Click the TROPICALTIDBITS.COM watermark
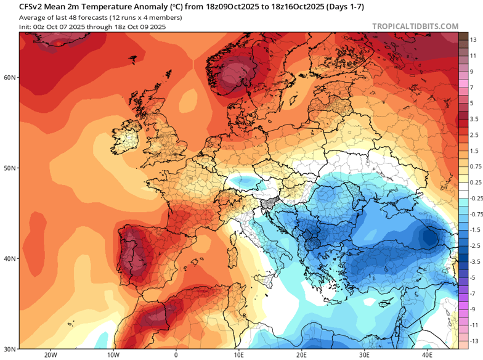(415, 27)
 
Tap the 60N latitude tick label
(9, 78)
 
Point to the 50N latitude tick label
(9, 168)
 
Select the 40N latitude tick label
(9, 259)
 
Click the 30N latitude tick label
(9, 348)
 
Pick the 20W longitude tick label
(51, 355)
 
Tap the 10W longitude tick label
(113, 355)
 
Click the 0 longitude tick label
(176, 355)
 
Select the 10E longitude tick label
(239, 355)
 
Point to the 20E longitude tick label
(302, 355)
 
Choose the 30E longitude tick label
(365, 355)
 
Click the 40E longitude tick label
(427, 355)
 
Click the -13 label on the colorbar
(473, 341)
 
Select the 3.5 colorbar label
(474, 119)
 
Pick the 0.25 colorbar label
(474, 182)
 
